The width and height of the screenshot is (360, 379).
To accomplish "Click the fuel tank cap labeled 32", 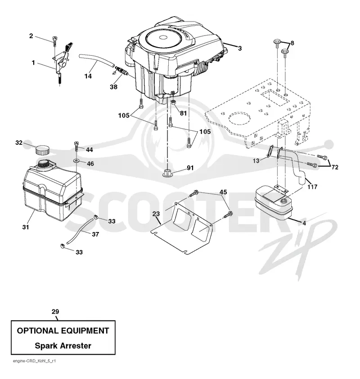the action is tap(42, 150).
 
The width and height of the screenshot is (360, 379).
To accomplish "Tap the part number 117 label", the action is tap(312, 187).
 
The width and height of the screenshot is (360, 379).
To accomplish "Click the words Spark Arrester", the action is tap(63, 346).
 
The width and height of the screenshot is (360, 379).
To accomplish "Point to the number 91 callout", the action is tap(190, 168).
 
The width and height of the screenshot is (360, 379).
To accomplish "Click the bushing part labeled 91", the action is tap(167, 173).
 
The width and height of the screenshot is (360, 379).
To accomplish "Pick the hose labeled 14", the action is tap(96, 60).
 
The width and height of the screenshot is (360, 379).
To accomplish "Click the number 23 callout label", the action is tap(156, 214).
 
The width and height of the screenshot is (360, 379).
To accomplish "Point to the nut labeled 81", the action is tap(173, 103).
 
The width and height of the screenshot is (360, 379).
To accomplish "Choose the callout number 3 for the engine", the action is tap(240, 49).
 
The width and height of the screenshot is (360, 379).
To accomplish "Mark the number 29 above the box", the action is tap(55, 312).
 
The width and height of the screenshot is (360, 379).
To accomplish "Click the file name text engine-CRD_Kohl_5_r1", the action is tap(34, 361).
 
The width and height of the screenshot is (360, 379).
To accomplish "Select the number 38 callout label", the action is tap(113, 87).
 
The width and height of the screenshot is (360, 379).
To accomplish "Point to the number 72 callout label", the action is tap(335, 167).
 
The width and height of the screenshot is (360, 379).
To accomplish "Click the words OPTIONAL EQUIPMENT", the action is tap(63, 330).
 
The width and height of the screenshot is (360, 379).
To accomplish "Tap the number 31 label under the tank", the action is tap(25, 227).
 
